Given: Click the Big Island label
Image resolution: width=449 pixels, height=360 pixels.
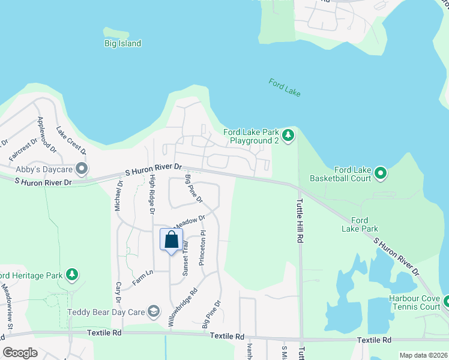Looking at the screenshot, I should click(x=122, y=43).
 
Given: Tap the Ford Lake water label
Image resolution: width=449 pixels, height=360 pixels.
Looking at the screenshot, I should click(x=285, y=88).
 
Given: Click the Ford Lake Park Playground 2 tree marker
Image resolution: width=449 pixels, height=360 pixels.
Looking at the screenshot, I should click(x=289, y=136).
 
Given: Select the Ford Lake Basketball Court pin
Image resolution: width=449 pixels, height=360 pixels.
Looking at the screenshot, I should click(x=380, y=173).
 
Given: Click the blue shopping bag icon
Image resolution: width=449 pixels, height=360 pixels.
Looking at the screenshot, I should click(x=171, y=239).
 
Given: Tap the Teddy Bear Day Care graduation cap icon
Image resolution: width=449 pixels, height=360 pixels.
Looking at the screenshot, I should click(x=154, y=311).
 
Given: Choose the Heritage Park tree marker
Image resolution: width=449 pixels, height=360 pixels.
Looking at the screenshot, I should click(x=71, y=275).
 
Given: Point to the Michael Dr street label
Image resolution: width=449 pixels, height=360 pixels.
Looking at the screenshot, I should click(x=118, y=194).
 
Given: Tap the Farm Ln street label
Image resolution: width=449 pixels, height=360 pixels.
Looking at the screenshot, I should click(x=143, y=277).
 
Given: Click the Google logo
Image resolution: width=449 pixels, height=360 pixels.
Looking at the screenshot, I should click(x=20, y=353).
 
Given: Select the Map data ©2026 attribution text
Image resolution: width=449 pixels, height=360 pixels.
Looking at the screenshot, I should click(x=423, y=355).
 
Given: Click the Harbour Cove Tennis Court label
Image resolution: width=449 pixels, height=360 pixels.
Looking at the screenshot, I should click(x=414, y=302).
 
